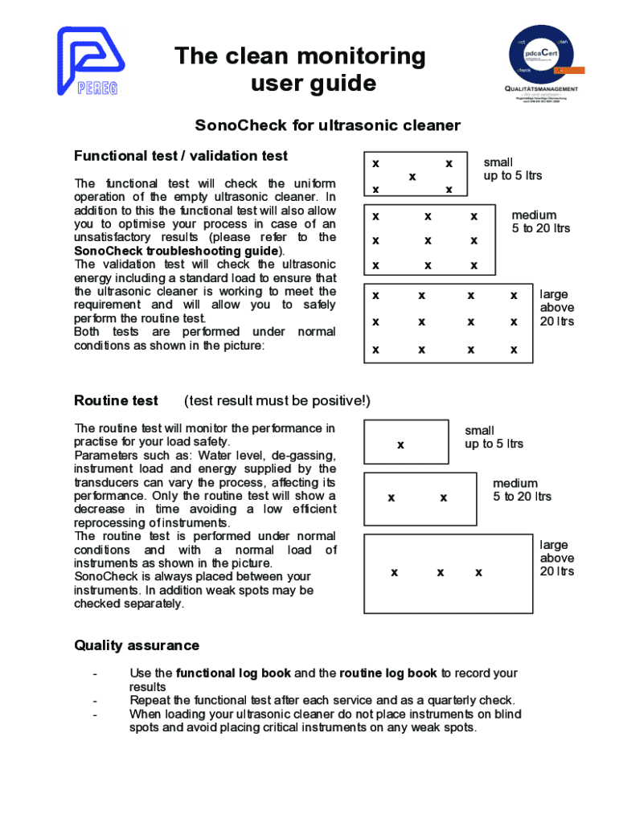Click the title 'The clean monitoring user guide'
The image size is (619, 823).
tap(301, 69)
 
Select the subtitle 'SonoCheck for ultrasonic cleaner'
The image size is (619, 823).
tap(328, 125)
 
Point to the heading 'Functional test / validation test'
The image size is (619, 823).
tap(181, 156)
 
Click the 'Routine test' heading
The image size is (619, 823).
tap(116, 400)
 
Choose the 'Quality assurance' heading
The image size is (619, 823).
tap(137, 645)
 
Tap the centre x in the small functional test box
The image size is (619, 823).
tap(412, 176)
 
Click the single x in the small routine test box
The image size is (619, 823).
tap(400, 444)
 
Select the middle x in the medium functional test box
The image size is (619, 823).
tap(428, 240)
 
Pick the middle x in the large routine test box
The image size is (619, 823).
tap(441, 572)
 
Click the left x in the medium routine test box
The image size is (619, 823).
tap(391, 497)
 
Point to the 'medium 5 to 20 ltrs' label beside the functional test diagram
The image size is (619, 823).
tap(540, 222)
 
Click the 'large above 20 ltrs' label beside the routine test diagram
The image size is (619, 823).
tap(556, 559)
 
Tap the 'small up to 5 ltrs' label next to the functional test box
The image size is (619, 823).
tap(512, 169)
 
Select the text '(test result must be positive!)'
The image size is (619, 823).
tap(277, 400)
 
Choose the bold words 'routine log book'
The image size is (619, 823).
tap(388, 674)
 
